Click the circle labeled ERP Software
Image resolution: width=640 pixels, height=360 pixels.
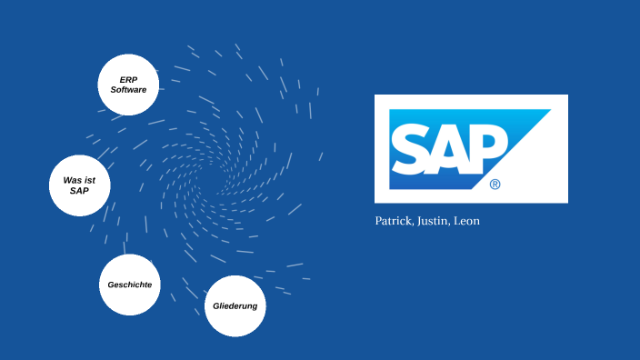pyautogui.click(x=128, y=85)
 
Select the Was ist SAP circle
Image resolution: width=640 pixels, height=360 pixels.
pyautogui.click(x=79, y=185)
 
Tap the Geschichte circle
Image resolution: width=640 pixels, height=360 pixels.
pyautogui.click(x=129, y=285)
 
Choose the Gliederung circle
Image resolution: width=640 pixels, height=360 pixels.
pyautogui.click(x=235, y=305)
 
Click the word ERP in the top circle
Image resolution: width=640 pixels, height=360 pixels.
pyautogui.click(x=128, y=79)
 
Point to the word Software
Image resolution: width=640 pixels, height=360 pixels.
pyautogui.click(x=128, y=90)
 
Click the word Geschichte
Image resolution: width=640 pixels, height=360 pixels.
pyautogui.click(x=129, y=285)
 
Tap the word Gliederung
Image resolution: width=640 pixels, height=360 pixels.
pyautogui.click(x=235, y=305)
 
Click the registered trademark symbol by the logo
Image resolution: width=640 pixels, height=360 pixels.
pyautogui.click(x=495, y=184)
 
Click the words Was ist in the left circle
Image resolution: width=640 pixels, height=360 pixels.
pyautogui.click(x=79, y=179)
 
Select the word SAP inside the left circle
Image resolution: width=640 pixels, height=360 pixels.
pyautogui.click(x=79, y=191)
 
